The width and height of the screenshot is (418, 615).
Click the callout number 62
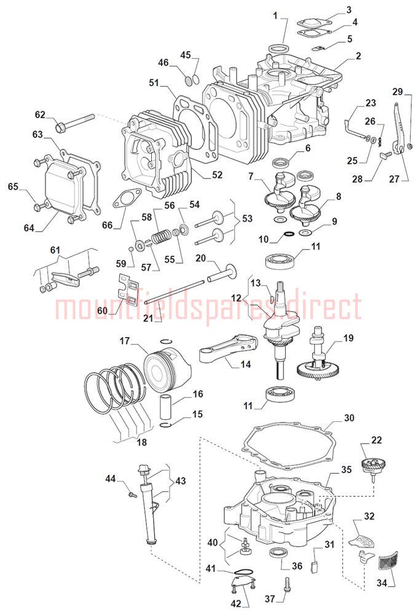pos(41,114)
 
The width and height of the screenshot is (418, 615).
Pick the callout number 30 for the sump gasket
pos(349,418)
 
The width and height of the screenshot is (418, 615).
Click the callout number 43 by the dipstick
pos(180,480)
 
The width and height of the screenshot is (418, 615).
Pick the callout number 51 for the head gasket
pos(154,82)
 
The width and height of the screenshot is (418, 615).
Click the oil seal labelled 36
pos(280,552)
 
